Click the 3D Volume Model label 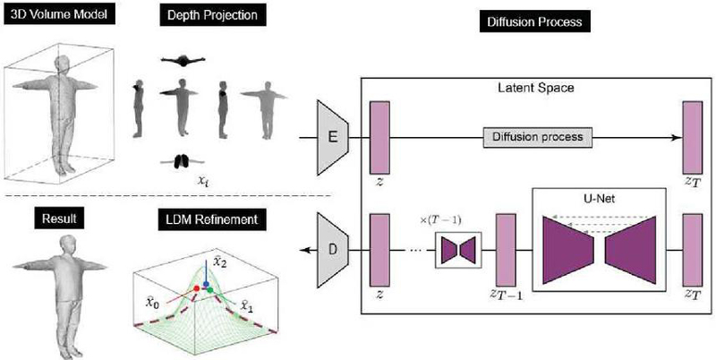tap(58, 14)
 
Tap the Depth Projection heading tap(212, 14)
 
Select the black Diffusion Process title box tap(534, 21)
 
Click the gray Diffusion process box tap(538, 137)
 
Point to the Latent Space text tap(537, 87)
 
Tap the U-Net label tap(599, 199)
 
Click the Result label tap(59, 219)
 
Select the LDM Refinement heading tap(212, 219)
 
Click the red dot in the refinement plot tap(197, 288)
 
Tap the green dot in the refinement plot tap(210, 289)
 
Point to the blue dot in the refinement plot tap(206, 284)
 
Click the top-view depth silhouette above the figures tap(183, 60)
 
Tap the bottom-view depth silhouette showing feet tap(183, 161)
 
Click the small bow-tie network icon tap(458, 250)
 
